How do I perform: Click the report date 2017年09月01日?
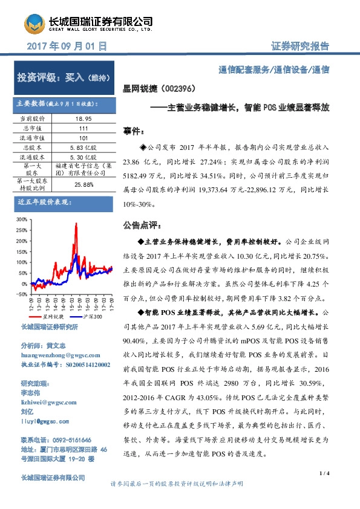[68, 46]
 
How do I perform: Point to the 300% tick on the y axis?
[22, 219]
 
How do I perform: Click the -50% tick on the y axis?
[21, 294]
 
